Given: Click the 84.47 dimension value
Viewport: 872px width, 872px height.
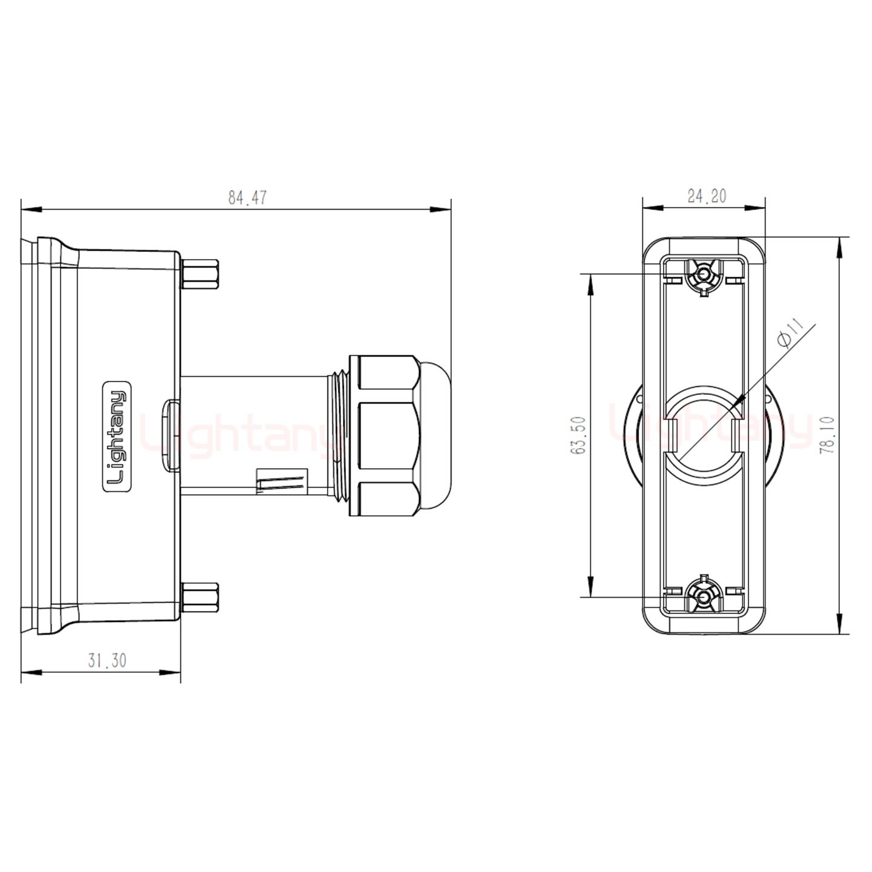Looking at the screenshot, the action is (247, 198).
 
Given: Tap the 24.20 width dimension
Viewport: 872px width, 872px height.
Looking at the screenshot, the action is (707, 196).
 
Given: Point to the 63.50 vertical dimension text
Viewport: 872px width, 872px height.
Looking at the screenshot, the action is (578, 435).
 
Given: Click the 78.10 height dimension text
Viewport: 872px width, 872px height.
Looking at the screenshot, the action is (828, 435).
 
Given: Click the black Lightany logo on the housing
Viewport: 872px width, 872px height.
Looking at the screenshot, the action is (116, 437).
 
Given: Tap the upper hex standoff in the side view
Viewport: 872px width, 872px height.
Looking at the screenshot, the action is (200, 274).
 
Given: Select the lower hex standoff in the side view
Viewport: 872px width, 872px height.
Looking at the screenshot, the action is (200, 598).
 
